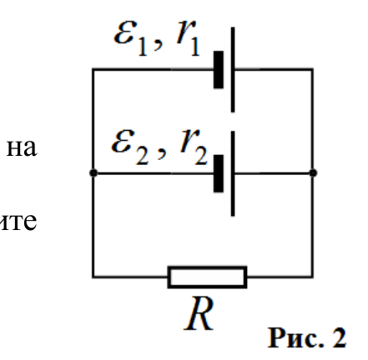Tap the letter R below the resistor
point(199,313)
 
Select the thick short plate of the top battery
point(219,70)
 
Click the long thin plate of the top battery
point(233,70)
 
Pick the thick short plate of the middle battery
point(219,173)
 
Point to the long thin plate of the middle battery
point(233,173)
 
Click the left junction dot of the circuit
point(93,173)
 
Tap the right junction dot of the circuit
point(313,173)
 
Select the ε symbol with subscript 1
point(130,39)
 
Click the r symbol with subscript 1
point(189,39)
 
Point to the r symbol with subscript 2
point(194,148)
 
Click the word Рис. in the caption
point(295,338)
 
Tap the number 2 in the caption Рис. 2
point(339,337)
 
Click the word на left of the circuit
point(22,147)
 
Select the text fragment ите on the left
point(18,222)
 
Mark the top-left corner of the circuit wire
point(93,69)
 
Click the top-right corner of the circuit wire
point(313,69)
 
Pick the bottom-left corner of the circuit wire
point(93,277)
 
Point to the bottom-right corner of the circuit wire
point(313,277)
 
